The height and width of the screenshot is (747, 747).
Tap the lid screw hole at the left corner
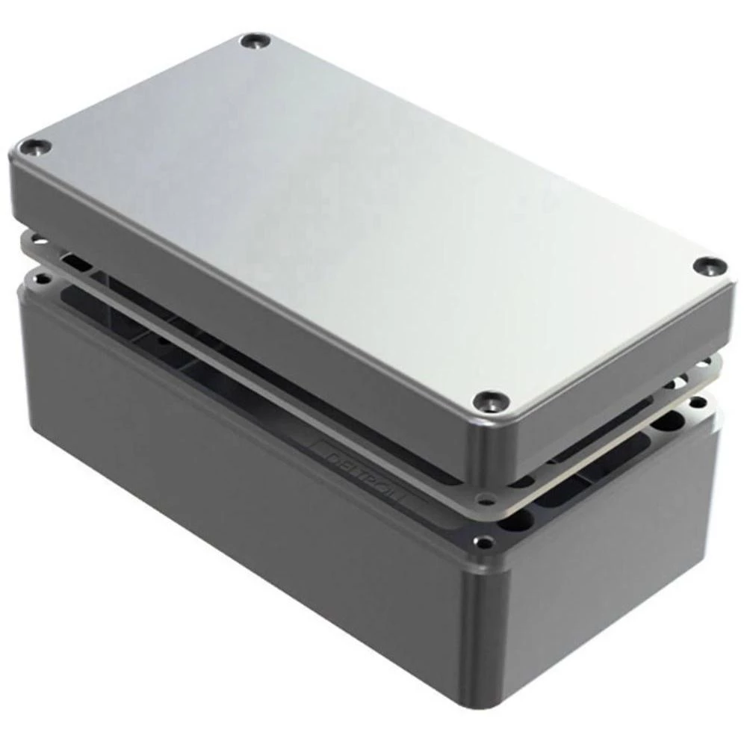[38, 146]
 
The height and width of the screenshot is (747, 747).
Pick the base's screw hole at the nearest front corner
[487, 543]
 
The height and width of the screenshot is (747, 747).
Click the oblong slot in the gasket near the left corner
[75, 261]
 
